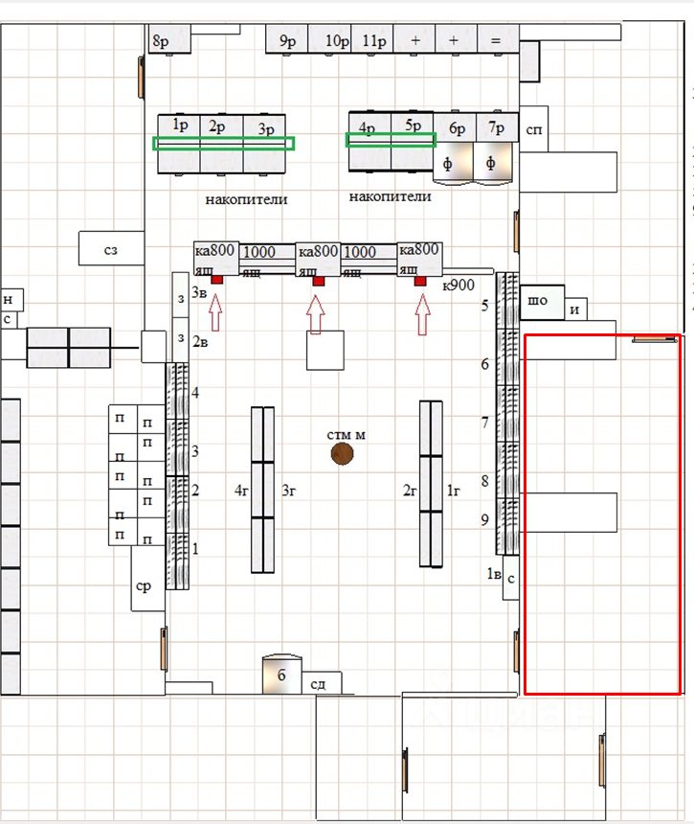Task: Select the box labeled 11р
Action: pyautogui.click(x=373, y=39)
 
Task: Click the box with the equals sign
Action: pyautogui.click(x=495, y=39)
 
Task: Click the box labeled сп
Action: pyautogui.click(x=533, y=131)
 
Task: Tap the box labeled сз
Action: pyautogui.click(x=111, y=248)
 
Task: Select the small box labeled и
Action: pyautogui.click(x=576, y=309)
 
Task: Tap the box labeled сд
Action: pyautogui.click(x=319, y=682)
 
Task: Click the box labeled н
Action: pyautogui.click(x=9, y=299)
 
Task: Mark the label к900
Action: pyautogui.click(x=459, y=285)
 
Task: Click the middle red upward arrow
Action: pyautogui.click(x=317, y=311)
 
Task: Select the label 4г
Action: pyautogui.click(x=242, y=491)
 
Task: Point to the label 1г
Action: pyautogui.click(x=454, y=491)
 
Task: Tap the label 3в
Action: pyautogui.click(x=199, y=291)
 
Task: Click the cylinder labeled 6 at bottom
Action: pyautogui.click(x=281, y=674)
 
